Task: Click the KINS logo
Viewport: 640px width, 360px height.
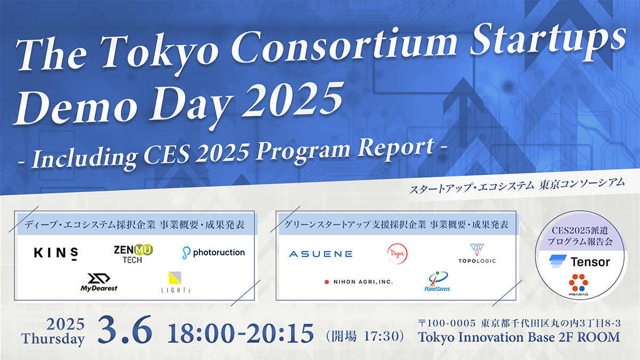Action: (56, 252)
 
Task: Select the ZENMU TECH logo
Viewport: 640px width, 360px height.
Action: (133, 253)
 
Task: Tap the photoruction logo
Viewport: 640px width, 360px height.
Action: (213, 252)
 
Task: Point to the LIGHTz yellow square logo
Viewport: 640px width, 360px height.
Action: (174, 278)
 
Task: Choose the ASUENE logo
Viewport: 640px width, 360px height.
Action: (321, 254)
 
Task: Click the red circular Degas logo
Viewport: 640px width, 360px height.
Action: (396, 254)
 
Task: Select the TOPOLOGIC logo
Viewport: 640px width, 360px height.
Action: (477, 253)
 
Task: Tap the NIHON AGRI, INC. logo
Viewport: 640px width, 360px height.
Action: (358, 282)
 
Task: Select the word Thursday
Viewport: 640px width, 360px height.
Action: (53, 338)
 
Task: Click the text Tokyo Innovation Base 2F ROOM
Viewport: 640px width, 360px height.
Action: (519, 337)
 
